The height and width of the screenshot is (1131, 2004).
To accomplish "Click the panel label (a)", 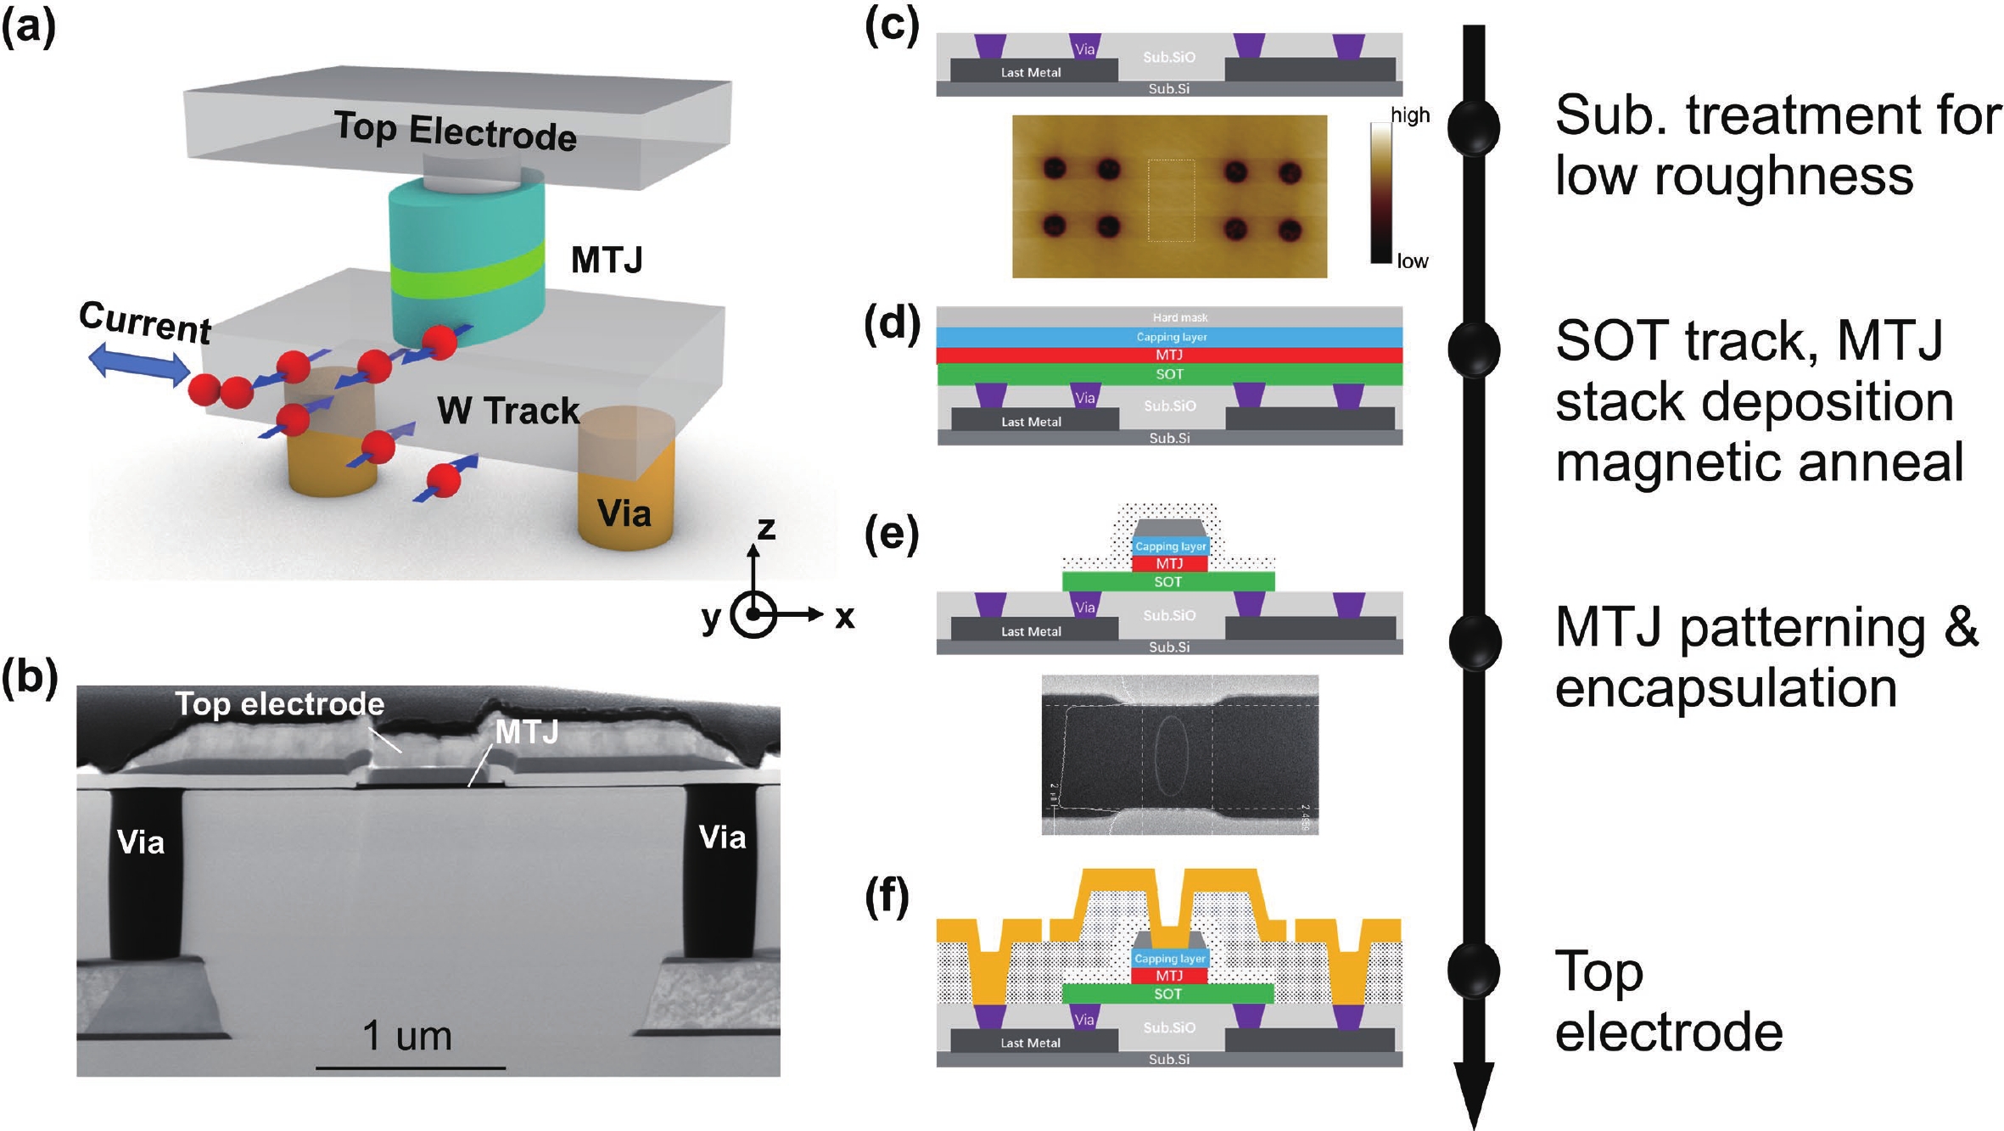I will [29, 26].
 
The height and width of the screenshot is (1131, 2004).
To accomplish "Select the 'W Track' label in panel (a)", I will [508, 412].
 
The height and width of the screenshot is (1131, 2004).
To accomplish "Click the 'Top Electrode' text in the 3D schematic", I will [455, 131].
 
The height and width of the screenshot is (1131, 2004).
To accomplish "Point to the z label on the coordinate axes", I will [766, 529].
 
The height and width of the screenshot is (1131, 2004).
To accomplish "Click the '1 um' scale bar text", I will [407, 1036].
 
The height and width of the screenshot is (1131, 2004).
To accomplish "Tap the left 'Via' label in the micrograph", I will [141, 843].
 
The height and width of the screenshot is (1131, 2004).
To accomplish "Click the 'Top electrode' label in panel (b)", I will [279, 704].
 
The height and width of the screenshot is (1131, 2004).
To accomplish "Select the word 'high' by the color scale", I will [1410, 115].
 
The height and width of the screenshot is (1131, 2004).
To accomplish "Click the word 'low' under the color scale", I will [1413, 261].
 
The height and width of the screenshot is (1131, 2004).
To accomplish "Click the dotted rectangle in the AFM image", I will [1171, 200].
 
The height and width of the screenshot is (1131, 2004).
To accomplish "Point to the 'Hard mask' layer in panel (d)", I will [1179, 317].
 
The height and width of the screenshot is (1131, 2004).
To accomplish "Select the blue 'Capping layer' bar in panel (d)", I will [1171, 337].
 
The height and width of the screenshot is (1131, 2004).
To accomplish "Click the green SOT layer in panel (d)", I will [1169, 374].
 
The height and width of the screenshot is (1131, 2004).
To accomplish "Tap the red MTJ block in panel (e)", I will [1169, 564].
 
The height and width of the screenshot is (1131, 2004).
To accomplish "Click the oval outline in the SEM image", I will [1171, 756].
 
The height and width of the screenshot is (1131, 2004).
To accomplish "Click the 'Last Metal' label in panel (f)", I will [1030, 1043].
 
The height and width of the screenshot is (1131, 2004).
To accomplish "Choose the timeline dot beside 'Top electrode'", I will [1474, 970].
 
